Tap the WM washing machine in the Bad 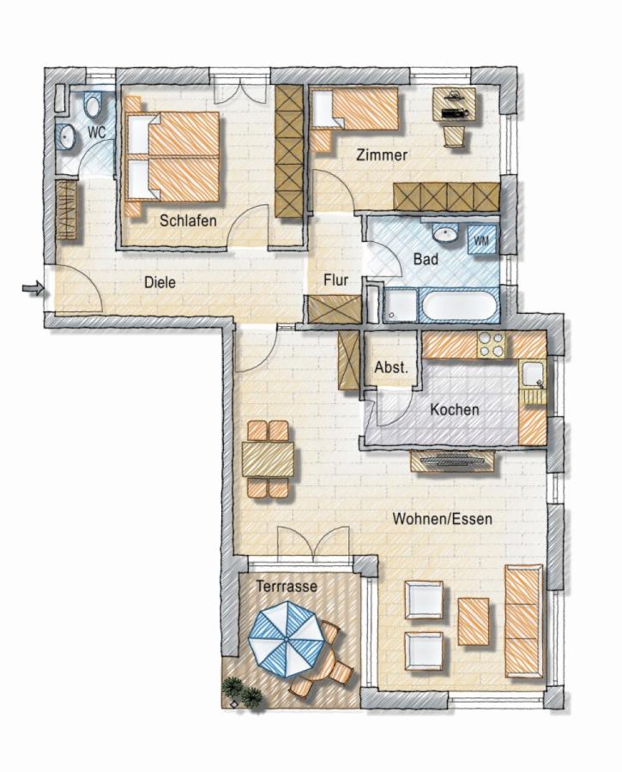pyautogui.click(x=481, y=240)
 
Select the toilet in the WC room pyautogui.click(x=93, y=105)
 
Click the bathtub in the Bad pyautogui.click(x=459, y=305)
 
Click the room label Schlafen pyautogui.click(x=188, y=220)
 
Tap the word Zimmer pyautogui.click(x=382, y=155)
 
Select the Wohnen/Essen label pyautogui.click(x=442, y=519)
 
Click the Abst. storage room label pyautogui.click(x=391, y=368)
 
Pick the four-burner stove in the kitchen pyautogui.click(x=492, y=345)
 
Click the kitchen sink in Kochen pyautogui.click(x=533, y=375)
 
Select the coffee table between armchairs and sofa pyautogui.click(x=474, y=621)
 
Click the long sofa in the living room pyautogui.click(x=524, y=621)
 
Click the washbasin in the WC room pyautogui.click(x=66, y=136)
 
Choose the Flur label pyautogui.click(x=335, y=280)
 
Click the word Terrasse pyautogui.click(x=287, y=587)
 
